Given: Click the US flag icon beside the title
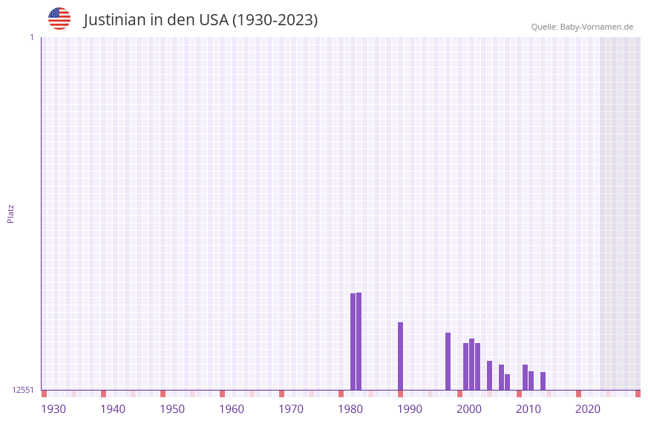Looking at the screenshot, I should [59, 19].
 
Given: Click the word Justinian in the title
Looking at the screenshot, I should [115, 20].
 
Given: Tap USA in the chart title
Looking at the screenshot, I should [214, 20].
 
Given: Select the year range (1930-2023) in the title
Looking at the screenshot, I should [275, 20].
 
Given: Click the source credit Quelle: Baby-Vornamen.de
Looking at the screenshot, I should [582, 27].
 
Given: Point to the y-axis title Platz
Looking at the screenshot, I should [10, 213].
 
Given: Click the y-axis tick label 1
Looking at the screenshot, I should [31, 37].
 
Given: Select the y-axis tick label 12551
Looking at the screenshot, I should [23, 390].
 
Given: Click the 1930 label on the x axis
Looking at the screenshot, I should [53, 409].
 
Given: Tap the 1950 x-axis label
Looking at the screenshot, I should [172, 409].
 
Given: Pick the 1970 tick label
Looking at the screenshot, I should [291, 409].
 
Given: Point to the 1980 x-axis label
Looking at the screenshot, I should [350, 409].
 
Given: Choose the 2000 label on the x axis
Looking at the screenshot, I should [469, 409].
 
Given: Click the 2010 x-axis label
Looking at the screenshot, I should [528, 409].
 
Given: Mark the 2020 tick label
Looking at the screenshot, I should [588, 409].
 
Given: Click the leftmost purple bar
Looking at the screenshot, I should [353, 342].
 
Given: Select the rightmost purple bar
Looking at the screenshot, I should [543, 381].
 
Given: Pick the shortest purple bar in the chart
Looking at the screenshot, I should [507, 382].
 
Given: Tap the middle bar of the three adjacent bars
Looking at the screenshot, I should [471, 364].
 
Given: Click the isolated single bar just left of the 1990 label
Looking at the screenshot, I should [400, 356].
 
